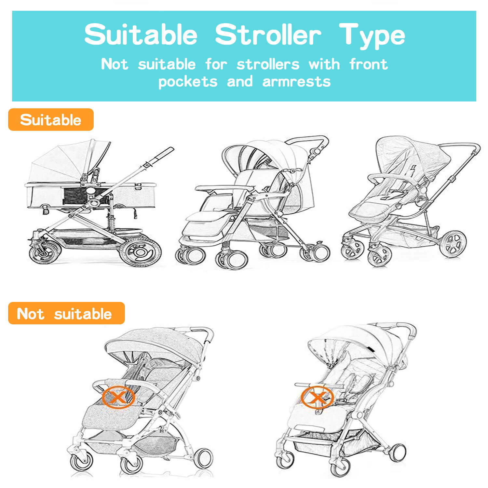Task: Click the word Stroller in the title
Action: [x=268, y=34]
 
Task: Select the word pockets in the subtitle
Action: [x=188, y=81]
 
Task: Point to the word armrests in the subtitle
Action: [x=296, y=81]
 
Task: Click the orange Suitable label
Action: [x=51, y=120]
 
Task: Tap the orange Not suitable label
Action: [x=66, y=313]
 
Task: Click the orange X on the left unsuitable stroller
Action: [x=118, y=397]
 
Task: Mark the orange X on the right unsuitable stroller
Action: [x=316, y=398]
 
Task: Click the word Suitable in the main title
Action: [x=141, y=34]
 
